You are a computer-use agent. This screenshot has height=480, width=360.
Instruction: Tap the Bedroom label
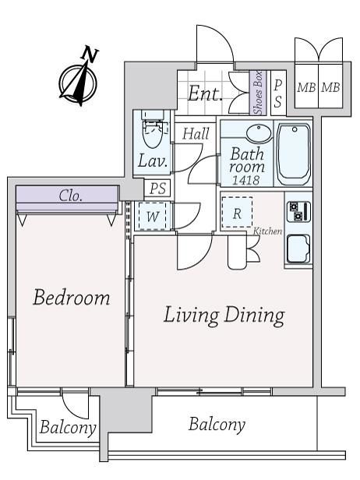point(72,297)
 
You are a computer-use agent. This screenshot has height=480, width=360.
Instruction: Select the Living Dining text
point(224,316)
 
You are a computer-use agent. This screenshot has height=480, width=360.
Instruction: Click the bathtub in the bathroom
point(293,154)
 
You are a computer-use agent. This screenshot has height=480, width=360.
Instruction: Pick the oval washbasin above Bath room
point(259,133)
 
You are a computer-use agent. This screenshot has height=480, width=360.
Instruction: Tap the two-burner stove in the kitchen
point(298,211)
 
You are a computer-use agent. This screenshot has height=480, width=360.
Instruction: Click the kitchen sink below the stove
point(298,249)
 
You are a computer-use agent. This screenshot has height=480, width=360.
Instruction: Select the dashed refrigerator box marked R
point(237,213)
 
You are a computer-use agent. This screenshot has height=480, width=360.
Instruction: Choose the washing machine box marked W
point(153,217)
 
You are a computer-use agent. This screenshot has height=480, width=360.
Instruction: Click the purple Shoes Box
point(258,93)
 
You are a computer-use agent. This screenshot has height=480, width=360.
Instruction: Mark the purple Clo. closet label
point(71,196)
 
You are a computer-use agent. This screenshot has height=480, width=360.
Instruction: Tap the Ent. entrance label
point(205,94)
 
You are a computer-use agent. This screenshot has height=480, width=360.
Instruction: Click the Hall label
point(196,134)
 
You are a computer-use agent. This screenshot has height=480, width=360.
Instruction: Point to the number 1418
point(245,180)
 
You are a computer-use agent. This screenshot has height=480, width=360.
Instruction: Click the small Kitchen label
point(267,231)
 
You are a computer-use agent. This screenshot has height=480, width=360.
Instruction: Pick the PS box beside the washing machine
point(158,189)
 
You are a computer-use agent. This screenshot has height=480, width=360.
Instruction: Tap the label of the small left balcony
point(68,427)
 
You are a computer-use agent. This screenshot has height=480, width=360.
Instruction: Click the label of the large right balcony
point(217,424)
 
